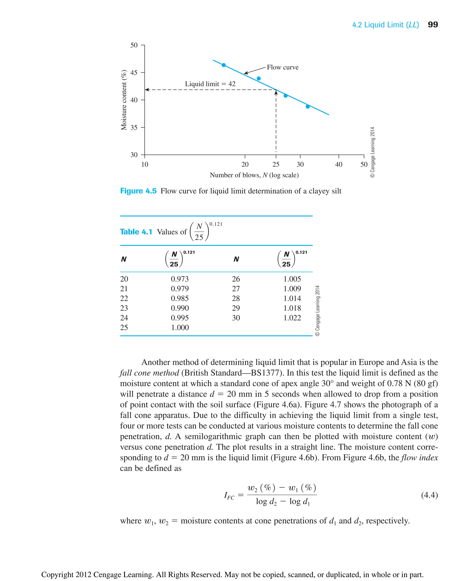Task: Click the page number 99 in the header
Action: point(432,25)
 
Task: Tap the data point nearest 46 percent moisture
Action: point(224,65)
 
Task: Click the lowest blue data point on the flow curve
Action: point(308,107)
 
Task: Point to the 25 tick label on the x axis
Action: point(276,164)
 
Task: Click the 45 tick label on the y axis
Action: point(134,72)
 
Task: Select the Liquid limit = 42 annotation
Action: point(210,84)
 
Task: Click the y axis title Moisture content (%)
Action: point(124,100)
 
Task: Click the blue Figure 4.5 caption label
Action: point(138,191)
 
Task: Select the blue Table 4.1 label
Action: point(136,232)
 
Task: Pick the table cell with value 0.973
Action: point(179,279)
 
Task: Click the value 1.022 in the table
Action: point(292,318)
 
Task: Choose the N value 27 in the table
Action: point(236,289)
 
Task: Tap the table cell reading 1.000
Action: point(179,328)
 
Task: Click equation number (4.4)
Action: point(429,495)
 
